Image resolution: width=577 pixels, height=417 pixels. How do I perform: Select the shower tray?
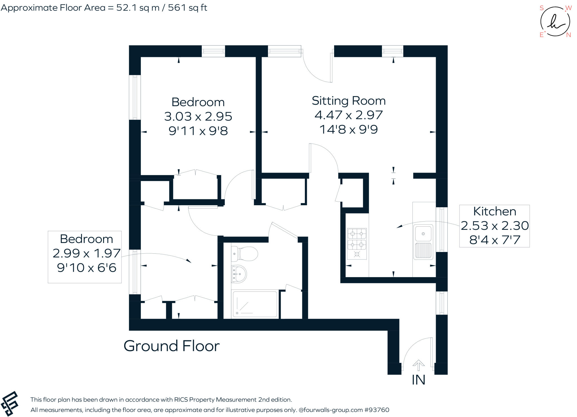(x=254, y=304)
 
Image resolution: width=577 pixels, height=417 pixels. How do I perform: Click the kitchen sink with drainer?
(x=423, y=242)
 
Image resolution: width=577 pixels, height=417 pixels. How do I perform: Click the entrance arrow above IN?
(x=418, y=365)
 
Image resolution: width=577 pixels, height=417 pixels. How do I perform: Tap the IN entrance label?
(x=418, y=380)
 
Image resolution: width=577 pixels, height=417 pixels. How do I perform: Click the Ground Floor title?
(x=171, y=346)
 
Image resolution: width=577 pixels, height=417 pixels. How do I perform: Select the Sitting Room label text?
(x=349, y=101)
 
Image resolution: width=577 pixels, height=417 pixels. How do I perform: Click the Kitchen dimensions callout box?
(x=494, y=226)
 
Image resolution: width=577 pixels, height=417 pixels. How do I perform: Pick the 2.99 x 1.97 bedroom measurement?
(x=86, y=253)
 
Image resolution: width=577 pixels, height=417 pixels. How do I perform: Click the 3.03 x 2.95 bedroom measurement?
(x=198, y=116)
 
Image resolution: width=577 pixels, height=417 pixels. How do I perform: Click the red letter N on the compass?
(x=568, y=35)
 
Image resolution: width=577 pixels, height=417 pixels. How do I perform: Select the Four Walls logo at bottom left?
(x=10, y=403)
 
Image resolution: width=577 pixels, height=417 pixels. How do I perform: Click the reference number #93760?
(x=377, y=410)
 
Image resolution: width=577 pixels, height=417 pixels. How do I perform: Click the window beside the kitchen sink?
(x=441, y=229)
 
